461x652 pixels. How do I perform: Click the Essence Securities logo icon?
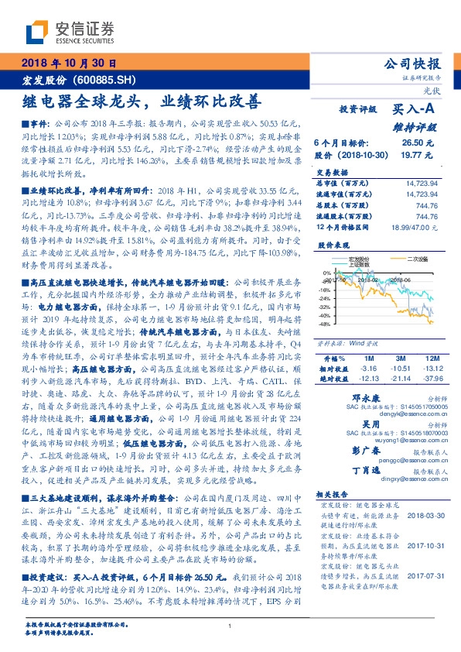[x=37, y=30]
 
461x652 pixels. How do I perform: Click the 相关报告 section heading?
[x=332, y=513]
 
